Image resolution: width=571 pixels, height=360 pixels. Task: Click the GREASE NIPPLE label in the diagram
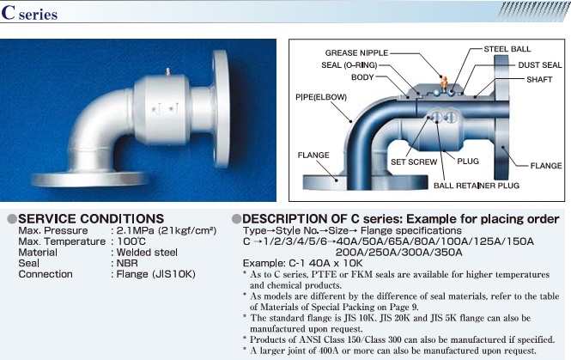356,52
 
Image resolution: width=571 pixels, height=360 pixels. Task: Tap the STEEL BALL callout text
507,49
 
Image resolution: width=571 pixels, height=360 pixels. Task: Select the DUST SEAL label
540,64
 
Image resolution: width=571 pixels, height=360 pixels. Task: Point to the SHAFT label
539,79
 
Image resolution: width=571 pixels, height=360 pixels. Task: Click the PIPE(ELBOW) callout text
321,97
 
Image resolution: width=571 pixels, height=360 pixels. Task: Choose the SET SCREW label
414,162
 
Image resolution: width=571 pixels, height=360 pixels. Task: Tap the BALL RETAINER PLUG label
477,186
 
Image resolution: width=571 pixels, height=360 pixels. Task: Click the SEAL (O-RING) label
349,65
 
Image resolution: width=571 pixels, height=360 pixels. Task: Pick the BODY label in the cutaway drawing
362,77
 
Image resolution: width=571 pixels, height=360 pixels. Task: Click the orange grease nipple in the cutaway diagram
444,82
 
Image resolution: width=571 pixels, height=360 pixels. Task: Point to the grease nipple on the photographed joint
168,71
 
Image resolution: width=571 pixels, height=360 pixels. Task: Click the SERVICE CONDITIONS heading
91,218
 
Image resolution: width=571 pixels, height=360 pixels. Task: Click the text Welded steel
147,252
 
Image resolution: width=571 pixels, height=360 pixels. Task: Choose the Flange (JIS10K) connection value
156,274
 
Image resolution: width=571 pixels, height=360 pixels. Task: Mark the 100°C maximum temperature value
131,241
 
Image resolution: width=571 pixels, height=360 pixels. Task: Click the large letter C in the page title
8,12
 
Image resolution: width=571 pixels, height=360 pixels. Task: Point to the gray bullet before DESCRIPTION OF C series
236,219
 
